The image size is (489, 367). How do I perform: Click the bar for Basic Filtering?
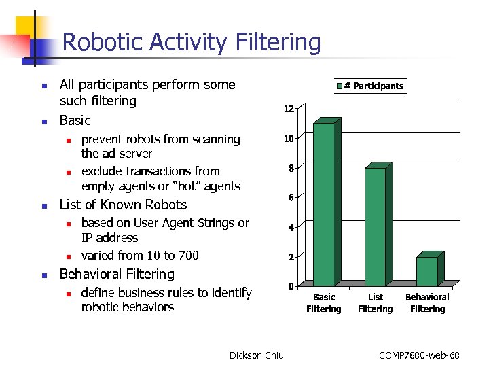tap(324, 204)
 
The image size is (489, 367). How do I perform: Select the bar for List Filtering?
tap(376, 226)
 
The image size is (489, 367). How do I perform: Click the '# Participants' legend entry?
tap(370, 86)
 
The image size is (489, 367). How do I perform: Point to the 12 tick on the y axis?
tap(289, 109)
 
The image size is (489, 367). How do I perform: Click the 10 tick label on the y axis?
tap(289, 139)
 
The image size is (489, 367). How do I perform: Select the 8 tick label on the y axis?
tap(291, 169)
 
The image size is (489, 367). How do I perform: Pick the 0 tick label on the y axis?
tap(291, 286)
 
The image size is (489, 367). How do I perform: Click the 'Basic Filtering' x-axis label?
tap(324, 303)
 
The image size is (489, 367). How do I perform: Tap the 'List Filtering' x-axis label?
tap(376, 303)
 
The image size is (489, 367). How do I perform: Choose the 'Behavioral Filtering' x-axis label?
tap(427, 303)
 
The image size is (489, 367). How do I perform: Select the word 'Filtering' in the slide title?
tap(278, 43)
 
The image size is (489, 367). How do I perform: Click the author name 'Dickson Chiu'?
tap(257, 355)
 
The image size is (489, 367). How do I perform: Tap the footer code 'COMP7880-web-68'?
tap(419, 355)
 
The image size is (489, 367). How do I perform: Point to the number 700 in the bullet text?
tap(187, 256)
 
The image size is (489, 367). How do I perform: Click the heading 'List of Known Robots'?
tap(123, 205)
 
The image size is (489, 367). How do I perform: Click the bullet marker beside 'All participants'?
tap(43, 86)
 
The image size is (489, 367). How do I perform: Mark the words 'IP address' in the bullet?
tap(109, 238)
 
